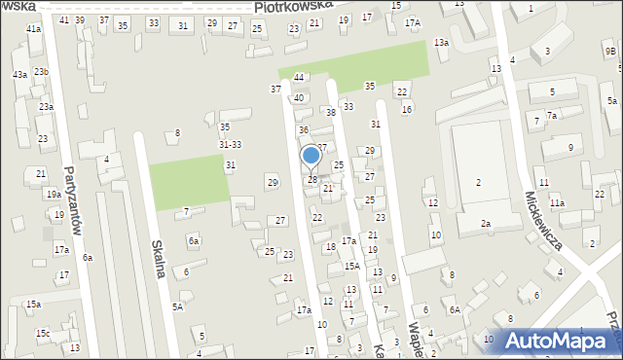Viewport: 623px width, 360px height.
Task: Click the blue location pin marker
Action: (311, 157)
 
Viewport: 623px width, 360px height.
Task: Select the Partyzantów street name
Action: (68, 196)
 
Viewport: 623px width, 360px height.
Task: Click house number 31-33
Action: (230, 145)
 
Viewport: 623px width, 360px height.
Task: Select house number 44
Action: (299, 77)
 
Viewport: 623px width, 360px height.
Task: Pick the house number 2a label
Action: (485, 224)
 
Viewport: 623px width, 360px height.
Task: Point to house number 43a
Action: (19, 75)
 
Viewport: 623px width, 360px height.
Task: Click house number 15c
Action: (43, 334)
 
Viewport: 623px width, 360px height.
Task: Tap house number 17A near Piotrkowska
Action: (413, 22)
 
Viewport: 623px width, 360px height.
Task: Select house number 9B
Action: (610, 53)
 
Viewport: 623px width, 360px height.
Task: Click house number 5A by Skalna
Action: (177, 306)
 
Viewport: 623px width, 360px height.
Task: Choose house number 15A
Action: (351, 266)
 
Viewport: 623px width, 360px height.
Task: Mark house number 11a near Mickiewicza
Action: (557, 203)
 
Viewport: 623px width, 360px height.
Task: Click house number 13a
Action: (441, 42)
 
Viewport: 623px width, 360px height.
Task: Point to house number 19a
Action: (53, 195)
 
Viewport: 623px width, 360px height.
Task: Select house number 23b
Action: (41, 72)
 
